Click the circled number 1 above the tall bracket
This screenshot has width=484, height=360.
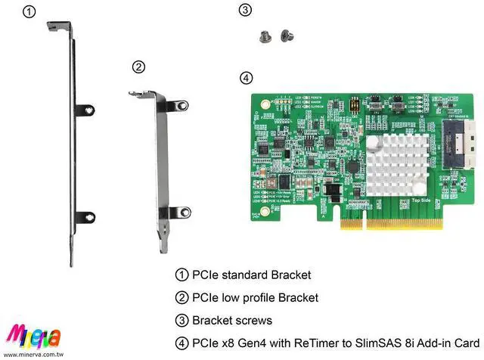tap(28, 11)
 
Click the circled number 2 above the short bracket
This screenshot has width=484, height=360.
tap(138, 67)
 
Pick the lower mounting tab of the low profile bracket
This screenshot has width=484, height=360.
tap(180, 213)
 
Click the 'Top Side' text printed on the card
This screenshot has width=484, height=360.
tap(421, 201)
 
